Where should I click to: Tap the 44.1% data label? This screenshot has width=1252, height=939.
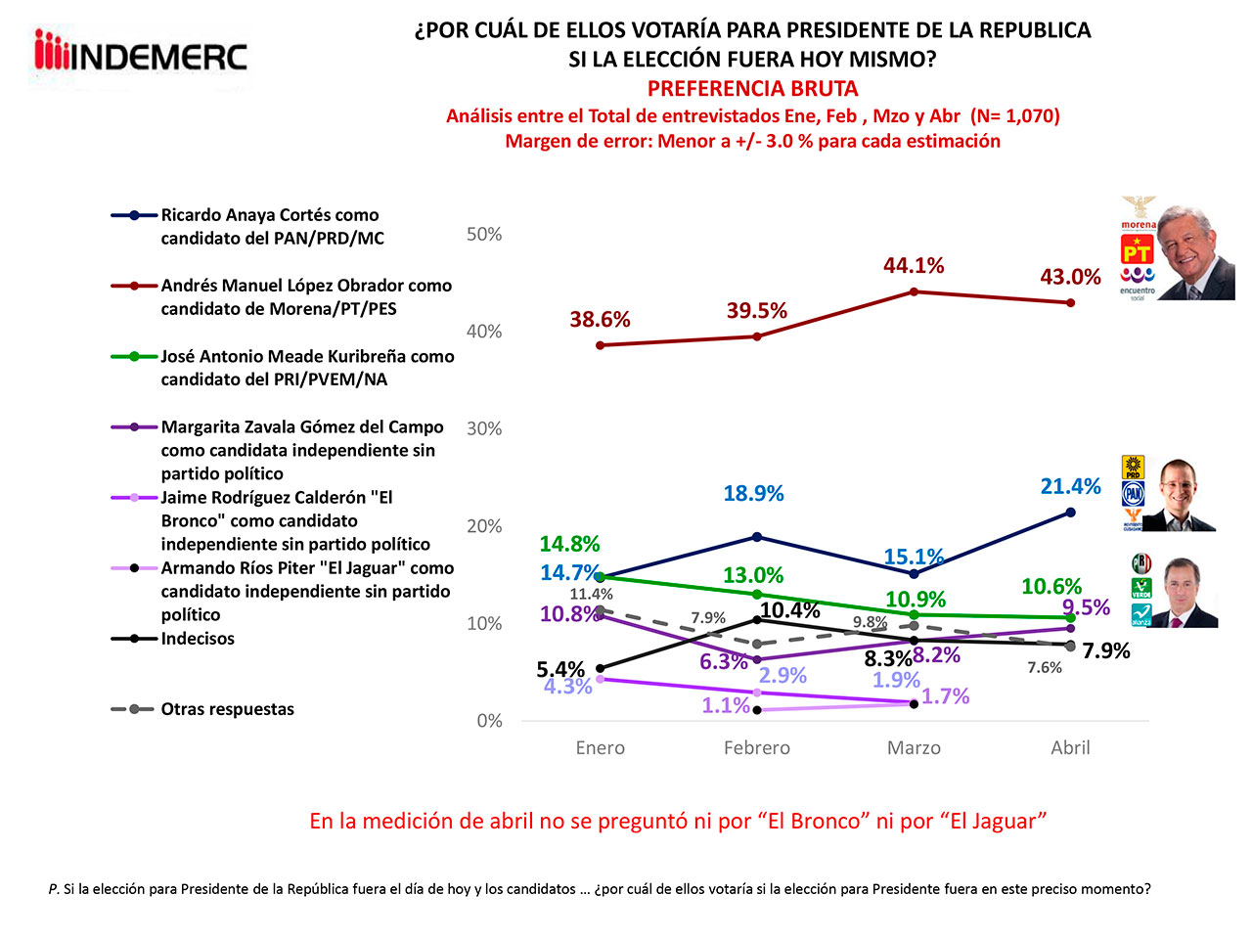(x=914, y=266)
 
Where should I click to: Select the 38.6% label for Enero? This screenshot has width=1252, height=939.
(x=600, y=320)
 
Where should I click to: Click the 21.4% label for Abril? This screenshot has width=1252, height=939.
(x=1070, y=487)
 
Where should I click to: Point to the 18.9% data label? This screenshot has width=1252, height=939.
(x=753, y=494)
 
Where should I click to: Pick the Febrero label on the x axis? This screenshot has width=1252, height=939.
(x=756, y=748)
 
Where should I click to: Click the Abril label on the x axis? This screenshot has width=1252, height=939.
(x=1070, y=748)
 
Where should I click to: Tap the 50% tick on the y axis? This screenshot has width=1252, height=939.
(x=484, y=235)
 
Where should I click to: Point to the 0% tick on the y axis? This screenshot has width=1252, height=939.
(x=489, y=721)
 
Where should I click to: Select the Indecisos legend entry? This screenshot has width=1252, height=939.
(x=198, y=639)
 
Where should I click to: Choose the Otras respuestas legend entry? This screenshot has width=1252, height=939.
(x=227, y=709)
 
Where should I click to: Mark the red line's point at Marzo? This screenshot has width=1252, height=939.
(x=914, y=291)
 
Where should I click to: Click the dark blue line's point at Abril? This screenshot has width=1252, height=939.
(x=1071, y=512)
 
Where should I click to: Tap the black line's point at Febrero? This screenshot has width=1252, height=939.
(x=757, y=619)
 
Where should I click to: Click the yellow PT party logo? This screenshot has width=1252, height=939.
(x=1137, y=250)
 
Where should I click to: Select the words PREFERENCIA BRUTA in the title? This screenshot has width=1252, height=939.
(x=752, y=89)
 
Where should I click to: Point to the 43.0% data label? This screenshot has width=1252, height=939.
(x=1070, y=278)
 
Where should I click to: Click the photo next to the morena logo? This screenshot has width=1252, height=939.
(x=1195, y=252)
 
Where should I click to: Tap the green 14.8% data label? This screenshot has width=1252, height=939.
(x=569, y=545)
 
